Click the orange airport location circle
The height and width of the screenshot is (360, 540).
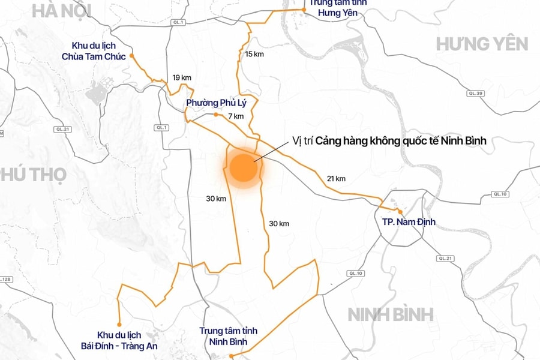(x=243, y=169)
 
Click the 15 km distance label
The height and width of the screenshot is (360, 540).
(x=254, y=54)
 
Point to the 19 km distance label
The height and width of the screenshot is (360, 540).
(x=181, y=77)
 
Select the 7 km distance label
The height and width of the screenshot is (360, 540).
(x=235, y=116)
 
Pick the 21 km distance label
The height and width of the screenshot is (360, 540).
(x=336, y=178)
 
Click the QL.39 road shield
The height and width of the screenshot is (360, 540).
(x=476, y=93)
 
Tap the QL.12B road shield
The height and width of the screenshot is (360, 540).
(x=5, y=279)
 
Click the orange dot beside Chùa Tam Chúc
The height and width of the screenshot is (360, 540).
(x=131, y=56)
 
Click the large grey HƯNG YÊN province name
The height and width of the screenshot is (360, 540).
(x=482, y=44)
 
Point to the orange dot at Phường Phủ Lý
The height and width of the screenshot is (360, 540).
(x=216, y=114)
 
